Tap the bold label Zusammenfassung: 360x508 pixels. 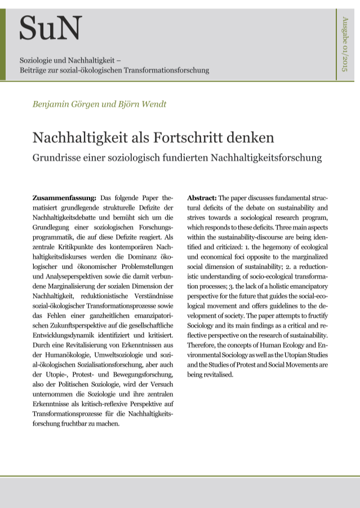tap(64, 198)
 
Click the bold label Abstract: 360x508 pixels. tap(201, 198)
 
